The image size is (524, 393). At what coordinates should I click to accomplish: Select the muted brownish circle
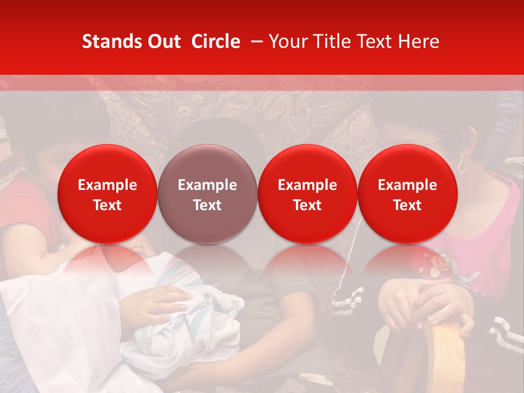click(207, 194)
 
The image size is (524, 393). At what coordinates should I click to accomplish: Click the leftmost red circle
click(108, 194)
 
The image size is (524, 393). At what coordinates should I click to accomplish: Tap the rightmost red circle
click(407, 194)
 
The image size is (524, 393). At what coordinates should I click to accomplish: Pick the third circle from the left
click(307, 194)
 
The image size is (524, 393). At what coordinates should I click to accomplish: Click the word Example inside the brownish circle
click(207, 185)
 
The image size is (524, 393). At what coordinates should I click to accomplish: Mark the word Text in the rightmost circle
click(407, 205)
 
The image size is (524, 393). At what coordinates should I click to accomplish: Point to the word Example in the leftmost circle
click(108, 185)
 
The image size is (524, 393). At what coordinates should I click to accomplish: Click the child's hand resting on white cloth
click(158, 303)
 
